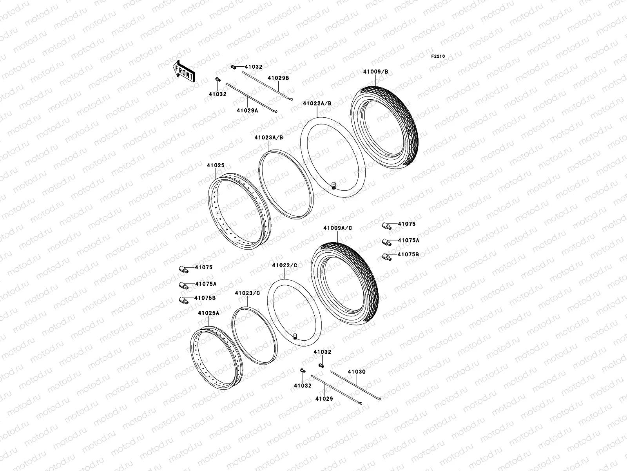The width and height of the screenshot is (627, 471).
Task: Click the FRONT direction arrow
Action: pyautogui.click(x=184, y=71)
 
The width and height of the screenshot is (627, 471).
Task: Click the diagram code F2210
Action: pyautogui.click(x=438, y=57)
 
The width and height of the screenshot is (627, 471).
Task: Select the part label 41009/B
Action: pyautogui.click(x=376, y=72)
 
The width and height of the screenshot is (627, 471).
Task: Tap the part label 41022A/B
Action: pyautogui.click(x=317, y=104)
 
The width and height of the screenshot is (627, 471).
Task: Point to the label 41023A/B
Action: pyautogui.click(x=269, y=137)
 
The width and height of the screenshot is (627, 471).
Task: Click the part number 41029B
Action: pyautogui.click(x=278, y=78)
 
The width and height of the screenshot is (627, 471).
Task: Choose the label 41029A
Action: pyautogui.click(x=247, y=110)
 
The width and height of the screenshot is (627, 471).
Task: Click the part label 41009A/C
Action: pyautogui.click(x=338, y=228)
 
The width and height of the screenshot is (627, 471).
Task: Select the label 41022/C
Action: pyautogui.click(x=285, y=265)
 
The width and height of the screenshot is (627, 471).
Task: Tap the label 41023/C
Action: pyautogui.click(x=247, y=293)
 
